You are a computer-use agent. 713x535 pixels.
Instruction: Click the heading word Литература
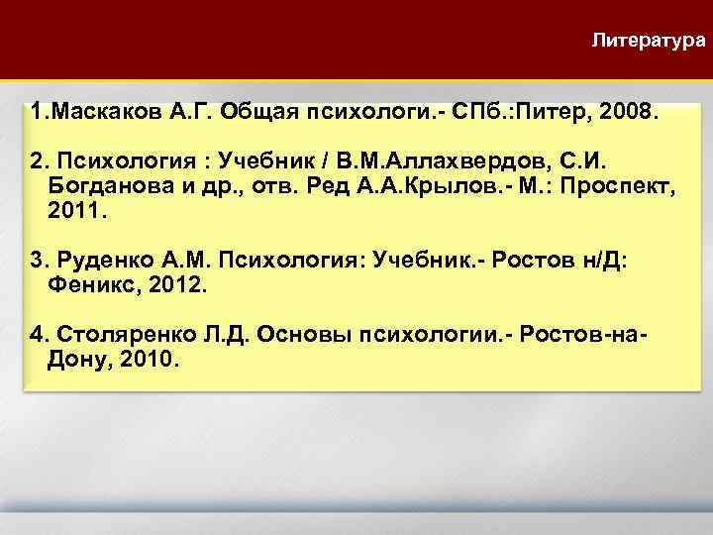point(648,42)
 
